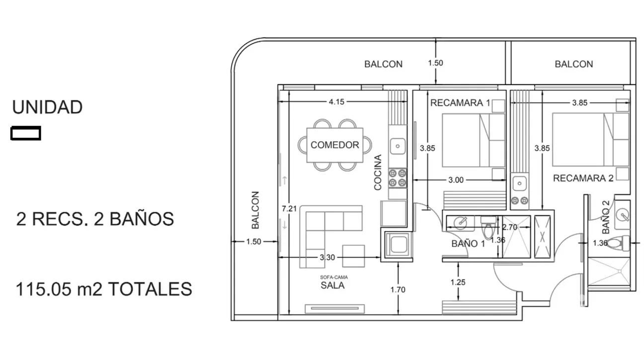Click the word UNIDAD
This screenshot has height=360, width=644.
click(x=47, y=107)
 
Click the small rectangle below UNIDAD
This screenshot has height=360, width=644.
click(x=26, y=133)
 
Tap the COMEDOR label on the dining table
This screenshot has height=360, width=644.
click(x=334, y=145)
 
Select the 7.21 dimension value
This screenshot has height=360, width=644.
click(x=289, y=209)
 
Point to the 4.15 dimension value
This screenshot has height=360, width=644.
click(x=336, y=102)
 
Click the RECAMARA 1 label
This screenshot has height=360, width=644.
click(x=460, y=103)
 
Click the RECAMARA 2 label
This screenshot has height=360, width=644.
click(x=583, y=178)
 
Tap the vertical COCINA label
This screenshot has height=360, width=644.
click(x=378, y=173)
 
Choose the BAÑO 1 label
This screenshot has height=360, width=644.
click(x=468, y=244)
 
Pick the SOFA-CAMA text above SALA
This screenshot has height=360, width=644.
click(x=334, y=277)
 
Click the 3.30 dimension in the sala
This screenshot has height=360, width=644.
click(x=327, y=257)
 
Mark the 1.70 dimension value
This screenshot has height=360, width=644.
click(x=398, y=289)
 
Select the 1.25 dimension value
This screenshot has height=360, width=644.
click(x=458, y=282)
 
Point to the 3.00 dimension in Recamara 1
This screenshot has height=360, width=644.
click(x=456, y=180)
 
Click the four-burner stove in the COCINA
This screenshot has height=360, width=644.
click(x=398, y=178)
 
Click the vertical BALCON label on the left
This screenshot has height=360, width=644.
click(x=255, y=210)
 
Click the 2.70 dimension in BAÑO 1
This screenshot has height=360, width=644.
click(x=510, y=227)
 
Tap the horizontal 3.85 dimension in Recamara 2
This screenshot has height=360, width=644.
click(x=579, y=103)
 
